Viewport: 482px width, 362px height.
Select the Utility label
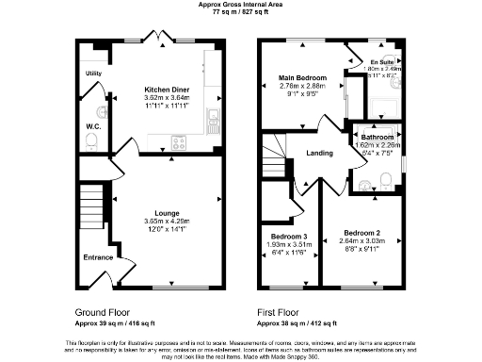[94, 73]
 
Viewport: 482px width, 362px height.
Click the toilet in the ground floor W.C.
[91, 140]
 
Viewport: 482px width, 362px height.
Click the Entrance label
[98, 257]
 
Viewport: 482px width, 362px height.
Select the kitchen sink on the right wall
[213, 119]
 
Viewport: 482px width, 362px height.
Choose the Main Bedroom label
[301, 77]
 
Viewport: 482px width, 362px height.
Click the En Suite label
[381, 61]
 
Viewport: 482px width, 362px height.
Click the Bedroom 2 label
[361, 233]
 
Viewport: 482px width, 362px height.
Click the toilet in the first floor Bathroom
[387, 181]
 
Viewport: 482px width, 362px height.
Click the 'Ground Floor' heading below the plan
[104, 310]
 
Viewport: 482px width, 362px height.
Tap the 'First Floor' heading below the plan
[283, 310]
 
